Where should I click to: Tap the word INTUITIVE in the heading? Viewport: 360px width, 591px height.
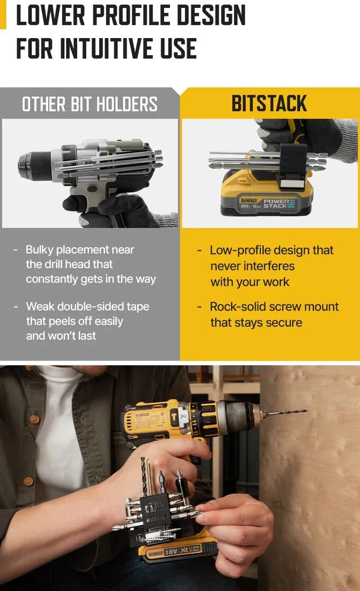coord(107,48)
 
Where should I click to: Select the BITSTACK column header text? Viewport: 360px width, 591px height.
coord(269,104)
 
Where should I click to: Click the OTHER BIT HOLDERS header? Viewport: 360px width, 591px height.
coord(89,104)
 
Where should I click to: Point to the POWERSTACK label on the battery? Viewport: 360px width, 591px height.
coord(280,204)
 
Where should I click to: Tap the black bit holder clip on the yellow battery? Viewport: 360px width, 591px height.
coord(293,166)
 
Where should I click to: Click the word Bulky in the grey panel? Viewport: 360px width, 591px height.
coord(40,250)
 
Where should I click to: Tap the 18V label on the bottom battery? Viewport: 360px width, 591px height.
coord(171,552)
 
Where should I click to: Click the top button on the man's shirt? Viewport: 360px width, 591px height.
coord(34,419)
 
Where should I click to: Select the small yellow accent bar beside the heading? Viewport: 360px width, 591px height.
coord(3,14)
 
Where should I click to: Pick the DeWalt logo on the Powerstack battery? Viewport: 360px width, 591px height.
coord(249,201)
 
